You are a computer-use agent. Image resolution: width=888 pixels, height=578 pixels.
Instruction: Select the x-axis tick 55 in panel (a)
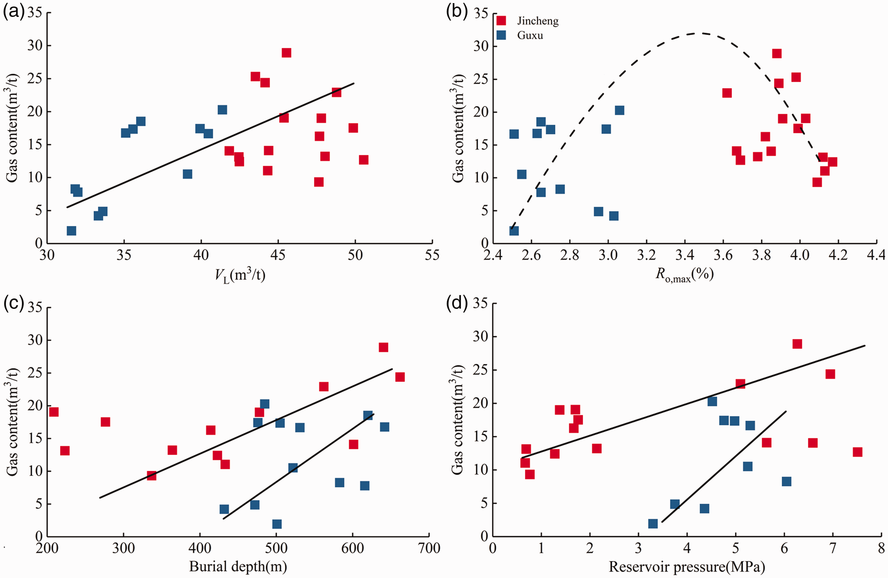432,255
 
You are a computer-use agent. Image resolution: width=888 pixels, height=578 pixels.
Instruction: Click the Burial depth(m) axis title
238,566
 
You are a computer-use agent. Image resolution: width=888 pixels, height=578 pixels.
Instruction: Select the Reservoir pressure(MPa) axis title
687,566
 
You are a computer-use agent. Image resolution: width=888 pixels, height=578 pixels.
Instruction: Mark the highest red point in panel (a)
286,53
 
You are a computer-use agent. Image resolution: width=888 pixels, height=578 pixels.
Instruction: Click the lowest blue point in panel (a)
71,230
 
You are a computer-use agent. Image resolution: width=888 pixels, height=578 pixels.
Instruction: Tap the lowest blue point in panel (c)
277,524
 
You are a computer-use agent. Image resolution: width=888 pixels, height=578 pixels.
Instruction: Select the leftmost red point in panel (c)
54,412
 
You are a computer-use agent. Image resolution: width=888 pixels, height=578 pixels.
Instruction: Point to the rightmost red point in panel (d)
858,452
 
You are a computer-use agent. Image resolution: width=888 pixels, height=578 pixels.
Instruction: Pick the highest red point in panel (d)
797,344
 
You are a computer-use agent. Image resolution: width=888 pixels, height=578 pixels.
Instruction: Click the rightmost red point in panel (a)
364,160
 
